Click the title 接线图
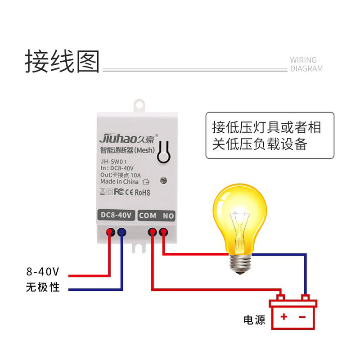point(62,61)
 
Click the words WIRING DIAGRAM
point(306,64)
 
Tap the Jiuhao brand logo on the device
point(128,137)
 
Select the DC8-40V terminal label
point(115,216)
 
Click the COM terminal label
point(148,216)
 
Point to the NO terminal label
point(168,216)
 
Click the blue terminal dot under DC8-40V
point(121,232)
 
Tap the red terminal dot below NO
point(163,232)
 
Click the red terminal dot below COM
point(153,232)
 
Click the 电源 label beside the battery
point(254,320)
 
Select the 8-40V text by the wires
point(43,272)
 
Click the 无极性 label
point(43,287)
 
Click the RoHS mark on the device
point(143,193)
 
